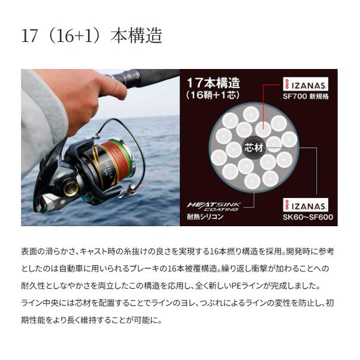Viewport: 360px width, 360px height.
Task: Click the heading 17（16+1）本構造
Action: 92,35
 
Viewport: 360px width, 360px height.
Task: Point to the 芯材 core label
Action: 251,146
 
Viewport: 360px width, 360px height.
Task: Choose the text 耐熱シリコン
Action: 205,217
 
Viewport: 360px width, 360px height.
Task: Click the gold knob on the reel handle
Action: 71,185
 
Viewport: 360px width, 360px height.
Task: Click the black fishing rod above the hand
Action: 144,76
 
